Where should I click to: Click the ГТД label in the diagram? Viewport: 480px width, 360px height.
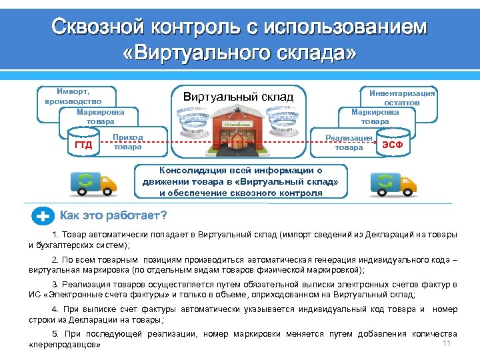tap(83, 145)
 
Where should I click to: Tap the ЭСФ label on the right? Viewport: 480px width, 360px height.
tap(397, 145)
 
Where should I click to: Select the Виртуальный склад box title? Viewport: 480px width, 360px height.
tap(238, 97)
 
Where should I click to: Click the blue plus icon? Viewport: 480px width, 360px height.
tap(43, 216)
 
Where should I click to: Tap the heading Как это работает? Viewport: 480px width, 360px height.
tap(113, 215)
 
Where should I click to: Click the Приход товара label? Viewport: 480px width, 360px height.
tap(127, 142)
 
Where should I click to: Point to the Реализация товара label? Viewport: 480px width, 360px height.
tap(349, 142)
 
